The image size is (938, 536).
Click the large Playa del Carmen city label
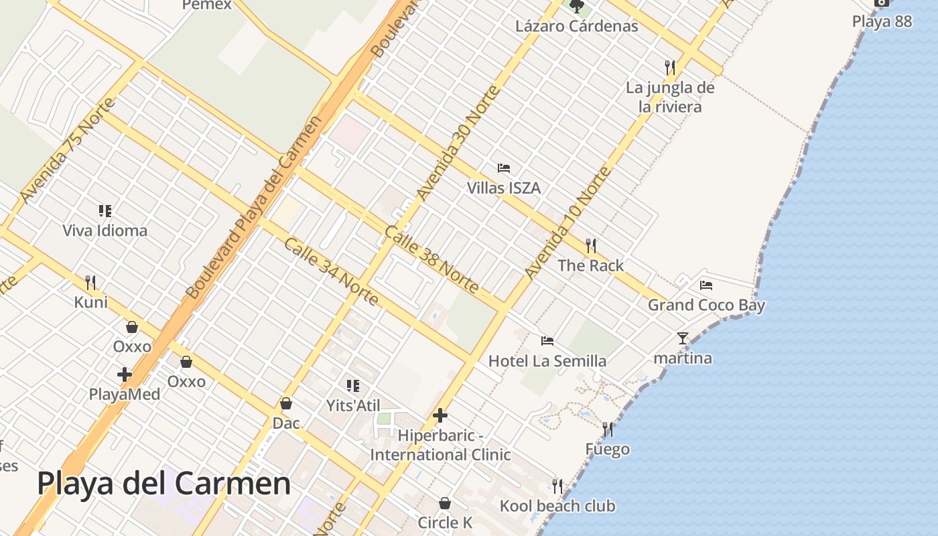[x=163, y=483]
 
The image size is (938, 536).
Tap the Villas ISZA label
[x=504, y=188]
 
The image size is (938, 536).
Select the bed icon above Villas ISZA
[x=504, y=167]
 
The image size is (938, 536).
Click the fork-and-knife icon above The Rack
[x=591, y=245]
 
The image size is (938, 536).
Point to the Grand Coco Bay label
[x=706, y=306]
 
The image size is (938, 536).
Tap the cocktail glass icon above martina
[x=683, y=338]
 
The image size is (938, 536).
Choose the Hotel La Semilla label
[x=547, y=361]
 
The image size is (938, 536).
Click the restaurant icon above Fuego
[x=608, y=429]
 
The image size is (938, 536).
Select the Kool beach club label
[x=557, y=506]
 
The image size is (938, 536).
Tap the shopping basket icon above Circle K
[x=445, y=503]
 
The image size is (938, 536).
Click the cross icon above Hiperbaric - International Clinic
[x=440, y=415]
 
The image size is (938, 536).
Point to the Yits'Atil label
[x=353, y=405]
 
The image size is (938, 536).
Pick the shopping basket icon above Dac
[x=286, y=403]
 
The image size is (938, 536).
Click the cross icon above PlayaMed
[x=125, y=375]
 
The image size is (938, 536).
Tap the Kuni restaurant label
[x=91, y=302]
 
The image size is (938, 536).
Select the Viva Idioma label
[x=105, y=231]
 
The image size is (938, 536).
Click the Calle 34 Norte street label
[x=331, y=271]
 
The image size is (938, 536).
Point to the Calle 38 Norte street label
[x=431, y=260]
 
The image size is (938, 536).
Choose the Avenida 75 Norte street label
[x=68, y=150]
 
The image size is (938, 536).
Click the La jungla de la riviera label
[x=670, y=97]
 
